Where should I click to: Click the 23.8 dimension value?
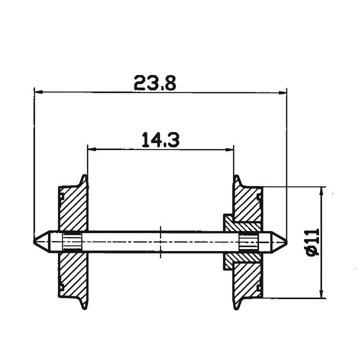(x=155, y=83)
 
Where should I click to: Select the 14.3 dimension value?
(x=160, y=140)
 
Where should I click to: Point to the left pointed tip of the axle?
(x=35, y=242)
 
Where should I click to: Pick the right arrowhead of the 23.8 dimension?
(x=284, y=93)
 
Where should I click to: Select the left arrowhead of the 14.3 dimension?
(x=91, y=149)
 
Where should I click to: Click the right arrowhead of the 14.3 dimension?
(x=231, y=149)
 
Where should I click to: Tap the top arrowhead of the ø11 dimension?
(x=321, y=190)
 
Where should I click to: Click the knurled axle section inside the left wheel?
(x=72, y=242)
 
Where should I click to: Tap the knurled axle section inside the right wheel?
(x=249, y=242)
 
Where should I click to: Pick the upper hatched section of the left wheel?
(x=73, y=209)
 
